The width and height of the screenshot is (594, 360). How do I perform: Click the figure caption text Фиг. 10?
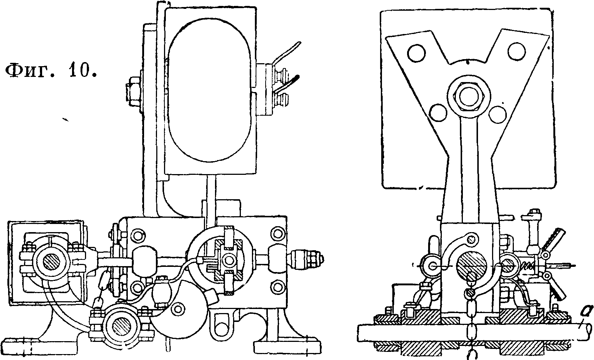pyautogui.click(x=51, y=71)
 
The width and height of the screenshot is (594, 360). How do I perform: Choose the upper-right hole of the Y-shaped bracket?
pyautogui.click(x=516, y=51)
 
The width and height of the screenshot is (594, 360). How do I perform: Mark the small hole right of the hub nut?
pyautogui.click(x=498, y=115)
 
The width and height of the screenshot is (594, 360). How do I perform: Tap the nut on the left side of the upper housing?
pyautogui.click(x=133, y=90)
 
